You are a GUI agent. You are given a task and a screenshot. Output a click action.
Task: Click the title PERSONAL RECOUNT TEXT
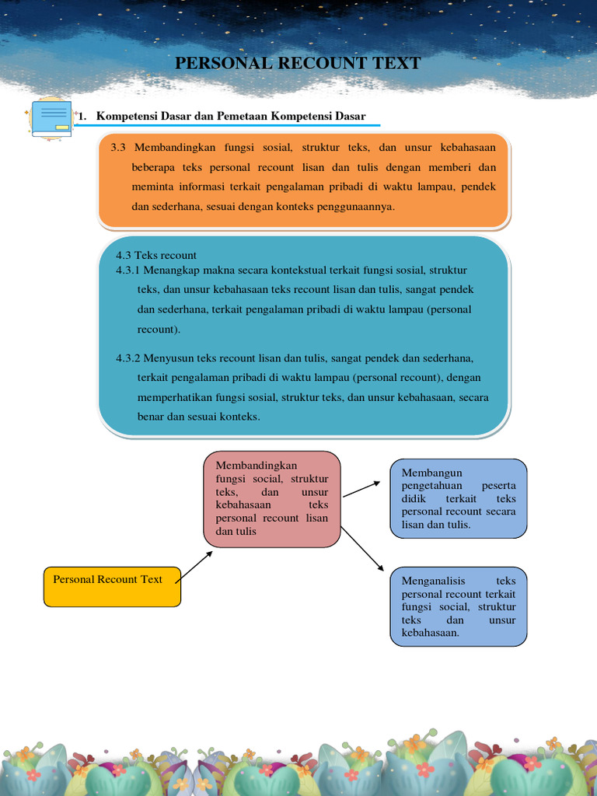pyautogui.click(x=298, y=63)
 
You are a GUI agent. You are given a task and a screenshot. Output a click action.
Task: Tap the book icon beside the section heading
pyautogui.click(x=51, y=118)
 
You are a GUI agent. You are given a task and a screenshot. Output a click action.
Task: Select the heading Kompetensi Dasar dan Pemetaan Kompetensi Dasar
pyautogui.click(x=230, y=117)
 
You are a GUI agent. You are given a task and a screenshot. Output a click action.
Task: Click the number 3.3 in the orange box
pyautogui.click(x=119, y=148)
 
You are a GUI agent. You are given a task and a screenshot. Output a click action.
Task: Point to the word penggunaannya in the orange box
pyautogui.click(x=353, y=207)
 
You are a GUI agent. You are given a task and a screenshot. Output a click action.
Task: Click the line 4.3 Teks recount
pyautogui.click(x=156, y=255)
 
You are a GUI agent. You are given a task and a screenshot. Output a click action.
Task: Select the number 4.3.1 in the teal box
pyautogui.click(x=128, y=270)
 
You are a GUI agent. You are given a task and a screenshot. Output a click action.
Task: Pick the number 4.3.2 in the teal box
pyautogui.click(x=128, y=358)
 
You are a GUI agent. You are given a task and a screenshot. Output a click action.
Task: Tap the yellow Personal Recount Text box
pyautogui.click(x=113, y=587)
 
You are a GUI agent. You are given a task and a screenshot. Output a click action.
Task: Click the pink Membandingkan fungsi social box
pyautogui.click(x=272, y=498)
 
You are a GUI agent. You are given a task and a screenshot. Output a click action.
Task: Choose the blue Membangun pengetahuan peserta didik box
pyautogui.click(x=459, y=498)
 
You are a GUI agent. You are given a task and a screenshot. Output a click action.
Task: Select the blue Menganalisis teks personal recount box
pyautogui.click(x=459, y=606)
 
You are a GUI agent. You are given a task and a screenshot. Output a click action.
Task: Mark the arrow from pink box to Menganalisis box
pyautogui.click(x=363, y=549)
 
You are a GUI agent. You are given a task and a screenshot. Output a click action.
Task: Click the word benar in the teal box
pyautogui.click(x=151, y=417)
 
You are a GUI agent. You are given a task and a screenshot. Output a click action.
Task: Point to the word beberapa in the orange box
pyautogui.click(x=154, y=167)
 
